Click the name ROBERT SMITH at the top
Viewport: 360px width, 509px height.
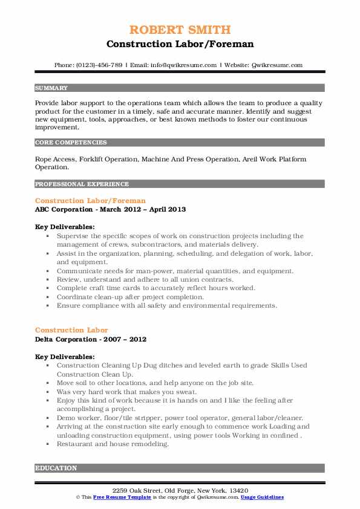(x=180, y=30)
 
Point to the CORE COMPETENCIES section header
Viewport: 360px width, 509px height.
(x=71, y=143)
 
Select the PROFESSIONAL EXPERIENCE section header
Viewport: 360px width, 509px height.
(x=82, y=184)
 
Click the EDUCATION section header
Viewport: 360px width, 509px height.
(x=56, y=468)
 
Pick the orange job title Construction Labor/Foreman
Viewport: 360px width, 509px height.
(x=90, y=200)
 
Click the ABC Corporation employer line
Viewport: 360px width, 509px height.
(x=110, y=209)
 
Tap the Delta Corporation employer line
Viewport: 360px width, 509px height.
(x=91, y=339)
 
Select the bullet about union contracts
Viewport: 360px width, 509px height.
(x=145, y=279)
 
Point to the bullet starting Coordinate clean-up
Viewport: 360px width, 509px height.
(x=130, y=297)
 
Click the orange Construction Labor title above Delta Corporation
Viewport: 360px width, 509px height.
(x=71, y=330)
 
